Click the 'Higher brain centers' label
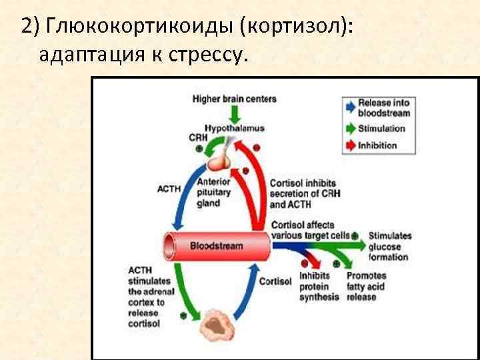click(234, 99)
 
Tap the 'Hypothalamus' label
click(234, 127)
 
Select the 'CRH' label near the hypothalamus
click(198, 137)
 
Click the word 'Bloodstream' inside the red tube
click(217, 246)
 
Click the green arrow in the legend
click(349, 129)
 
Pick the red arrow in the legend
click(349, 145)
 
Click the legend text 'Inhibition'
click(377, 145)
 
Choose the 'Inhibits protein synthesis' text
click(319, 287)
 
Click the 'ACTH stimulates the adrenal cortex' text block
click(147, 297)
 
